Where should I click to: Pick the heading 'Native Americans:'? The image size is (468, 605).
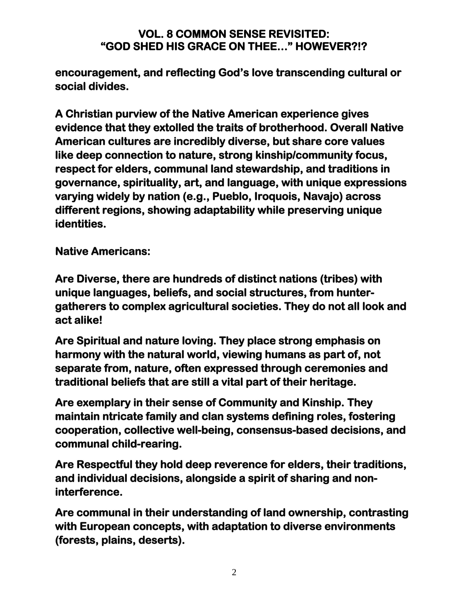[x=103, y=251]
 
